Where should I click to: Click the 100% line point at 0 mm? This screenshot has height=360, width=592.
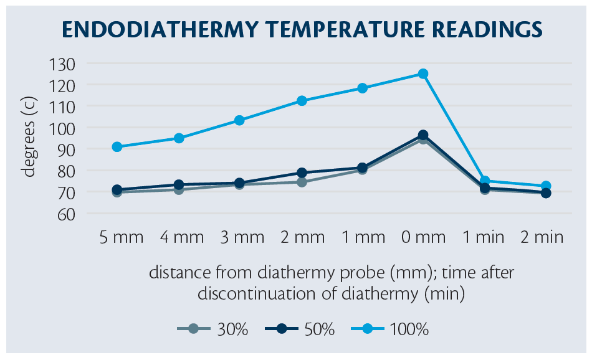(423, 73)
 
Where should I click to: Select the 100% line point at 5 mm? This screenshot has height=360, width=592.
(117, 147)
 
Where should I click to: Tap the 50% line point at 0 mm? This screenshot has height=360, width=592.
(423, 135)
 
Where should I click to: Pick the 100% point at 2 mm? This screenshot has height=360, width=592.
(302, 101)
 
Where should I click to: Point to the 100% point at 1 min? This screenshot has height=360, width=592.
(484, 181)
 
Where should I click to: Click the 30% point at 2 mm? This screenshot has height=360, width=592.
(302, 182)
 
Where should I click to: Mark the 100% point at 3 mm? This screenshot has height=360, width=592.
(239, 120)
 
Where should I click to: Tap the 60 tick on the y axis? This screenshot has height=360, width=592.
(65, 214)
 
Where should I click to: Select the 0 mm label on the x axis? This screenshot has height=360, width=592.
(423, 237)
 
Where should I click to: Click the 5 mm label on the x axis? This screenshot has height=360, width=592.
(122, 237)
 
